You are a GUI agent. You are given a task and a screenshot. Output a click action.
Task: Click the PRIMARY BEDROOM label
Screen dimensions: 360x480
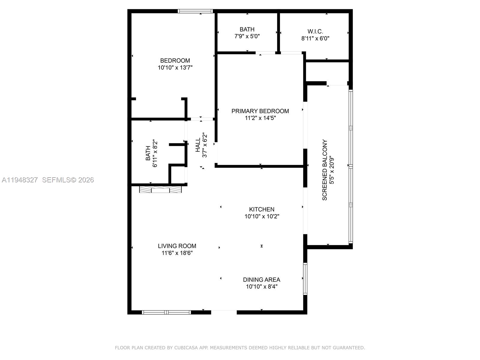point(260,111)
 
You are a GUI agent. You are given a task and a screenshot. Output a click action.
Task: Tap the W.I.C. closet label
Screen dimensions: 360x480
point(315,31)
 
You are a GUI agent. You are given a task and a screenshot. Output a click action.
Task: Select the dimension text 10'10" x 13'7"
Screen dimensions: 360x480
point(175,67)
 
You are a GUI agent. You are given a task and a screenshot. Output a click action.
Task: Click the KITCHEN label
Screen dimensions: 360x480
point(262,209)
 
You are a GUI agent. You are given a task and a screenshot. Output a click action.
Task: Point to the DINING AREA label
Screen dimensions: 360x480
point(262,280)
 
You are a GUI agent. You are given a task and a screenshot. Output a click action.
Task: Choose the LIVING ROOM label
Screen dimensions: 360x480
point(177,246)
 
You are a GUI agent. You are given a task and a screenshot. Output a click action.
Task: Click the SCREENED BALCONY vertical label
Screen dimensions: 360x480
point(325,170)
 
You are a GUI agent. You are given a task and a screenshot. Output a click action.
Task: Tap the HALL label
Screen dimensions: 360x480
point(198,145)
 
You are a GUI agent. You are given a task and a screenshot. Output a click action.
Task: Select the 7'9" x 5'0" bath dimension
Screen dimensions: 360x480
point(247,36)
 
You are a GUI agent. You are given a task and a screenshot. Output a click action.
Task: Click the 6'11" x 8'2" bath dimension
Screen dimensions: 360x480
point(155,153)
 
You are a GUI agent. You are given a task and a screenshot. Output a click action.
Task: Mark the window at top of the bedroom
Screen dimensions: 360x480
point(195,11)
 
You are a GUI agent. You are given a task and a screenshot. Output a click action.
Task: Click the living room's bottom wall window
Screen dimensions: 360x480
point(166,312)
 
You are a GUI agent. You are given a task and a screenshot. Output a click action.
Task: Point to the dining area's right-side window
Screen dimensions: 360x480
point(305,279)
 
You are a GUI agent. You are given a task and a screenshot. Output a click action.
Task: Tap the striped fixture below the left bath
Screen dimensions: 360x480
point(160,190)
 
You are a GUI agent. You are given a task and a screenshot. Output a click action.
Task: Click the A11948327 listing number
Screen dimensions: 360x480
point(20,180)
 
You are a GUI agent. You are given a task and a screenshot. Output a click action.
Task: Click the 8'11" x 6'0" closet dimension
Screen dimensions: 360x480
point(315,38)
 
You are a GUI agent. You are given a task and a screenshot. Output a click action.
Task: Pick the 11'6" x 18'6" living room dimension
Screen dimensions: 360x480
point(177,253)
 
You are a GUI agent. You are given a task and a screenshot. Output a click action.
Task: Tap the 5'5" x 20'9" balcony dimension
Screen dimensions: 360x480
point(331,170)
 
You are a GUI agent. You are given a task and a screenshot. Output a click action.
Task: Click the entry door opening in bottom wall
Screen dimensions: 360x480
point(224,312)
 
